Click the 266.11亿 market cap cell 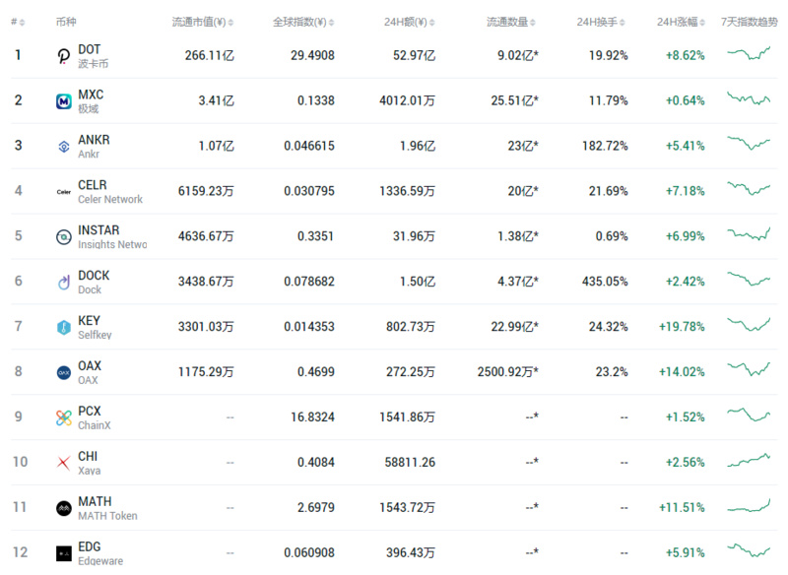point(209,56)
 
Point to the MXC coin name point(91,95)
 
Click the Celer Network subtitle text point(110,199)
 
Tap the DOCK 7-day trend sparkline point(749,281)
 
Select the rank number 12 point(18,552)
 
